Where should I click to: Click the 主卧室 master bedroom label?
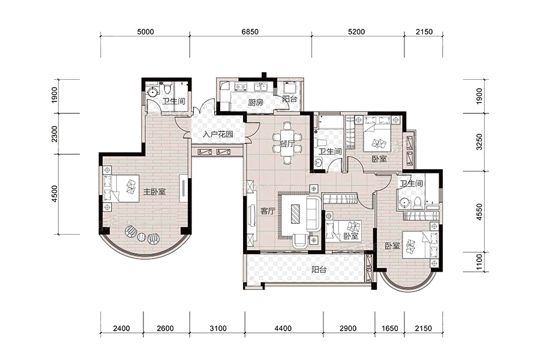[x=154, y=191]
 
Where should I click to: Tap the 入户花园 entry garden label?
[x=218, y=134]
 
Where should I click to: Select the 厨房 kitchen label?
[x=256, y=103]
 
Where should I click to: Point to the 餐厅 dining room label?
[x=287, y=143]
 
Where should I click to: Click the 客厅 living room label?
[x=268, y=211]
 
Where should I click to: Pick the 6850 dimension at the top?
[x=250, y=32]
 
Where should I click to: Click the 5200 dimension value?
[x=356, y=32]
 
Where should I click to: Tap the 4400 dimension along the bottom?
[x=283, y=328]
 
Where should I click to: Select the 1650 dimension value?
[x=390, y=328]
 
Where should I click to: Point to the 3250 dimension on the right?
[x=479, y=142]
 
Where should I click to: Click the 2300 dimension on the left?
[x=55, y=134]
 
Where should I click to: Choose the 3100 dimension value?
[x=218, y=328]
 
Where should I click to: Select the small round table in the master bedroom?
[x=142, y=237]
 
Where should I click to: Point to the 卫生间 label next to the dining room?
[x=329, y=151]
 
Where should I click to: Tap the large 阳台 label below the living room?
[x=319, y=269]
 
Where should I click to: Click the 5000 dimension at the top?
[x=145, y=32]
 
